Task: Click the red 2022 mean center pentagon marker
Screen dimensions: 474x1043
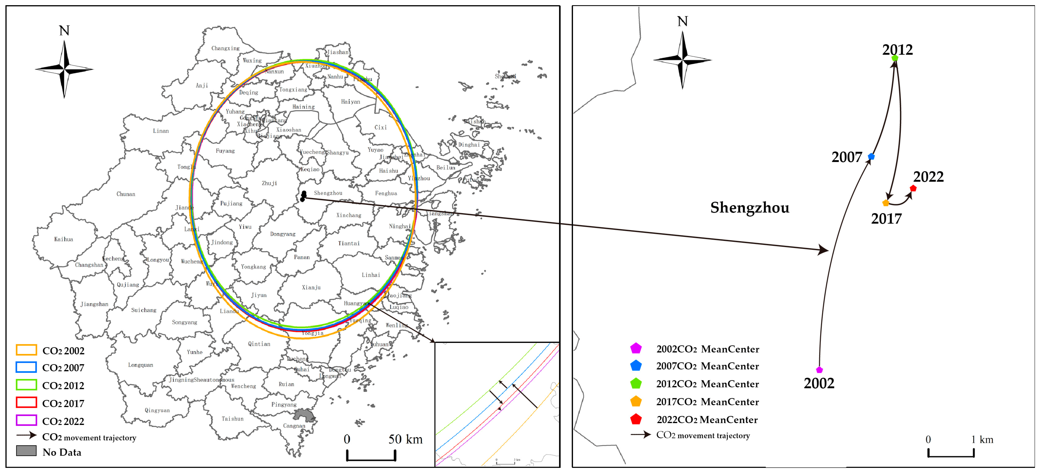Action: [913, 188]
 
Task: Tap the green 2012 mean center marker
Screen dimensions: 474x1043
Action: [895, 58]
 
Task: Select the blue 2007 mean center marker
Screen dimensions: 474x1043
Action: [871, 156]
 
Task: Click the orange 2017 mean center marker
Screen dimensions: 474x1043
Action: [886, 203]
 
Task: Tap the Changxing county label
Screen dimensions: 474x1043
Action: [226, 48]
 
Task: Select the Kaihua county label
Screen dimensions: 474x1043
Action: [63, 239]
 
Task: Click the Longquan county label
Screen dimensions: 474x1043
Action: [140, 365]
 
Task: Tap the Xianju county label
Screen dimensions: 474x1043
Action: [311, 287]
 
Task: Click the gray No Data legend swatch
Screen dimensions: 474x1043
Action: [26, 451]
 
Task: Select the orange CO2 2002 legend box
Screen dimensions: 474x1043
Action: [26, 350]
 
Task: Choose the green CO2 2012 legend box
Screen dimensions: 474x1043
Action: [26, 385]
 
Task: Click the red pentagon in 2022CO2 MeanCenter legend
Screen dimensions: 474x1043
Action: [636, 419]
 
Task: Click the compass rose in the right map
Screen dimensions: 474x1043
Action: [683, 60]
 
